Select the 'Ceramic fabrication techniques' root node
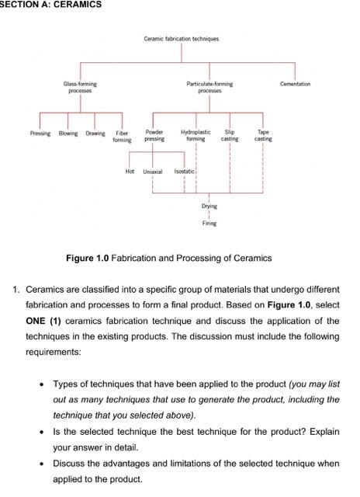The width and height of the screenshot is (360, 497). point(181,39)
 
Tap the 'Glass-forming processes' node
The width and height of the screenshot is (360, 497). point(80,87)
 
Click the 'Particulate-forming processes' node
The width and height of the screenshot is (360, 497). point(209,87)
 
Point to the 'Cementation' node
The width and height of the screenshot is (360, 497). point(295,84)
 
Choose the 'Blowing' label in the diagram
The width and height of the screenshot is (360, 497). point(68,133)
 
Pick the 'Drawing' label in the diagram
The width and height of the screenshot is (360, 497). point(95,133)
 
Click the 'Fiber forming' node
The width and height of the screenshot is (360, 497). point(122,137)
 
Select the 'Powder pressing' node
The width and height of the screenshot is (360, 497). point(154,136)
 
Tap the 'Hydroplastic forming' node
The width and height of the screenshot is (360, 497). point(196,136)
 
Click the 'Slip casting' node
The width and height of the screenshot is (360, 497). point(230,136)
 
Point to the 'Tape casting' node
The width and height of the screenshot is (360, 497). point(263,136)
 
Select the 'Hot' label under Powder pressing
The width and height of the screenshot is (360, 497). point(130,170)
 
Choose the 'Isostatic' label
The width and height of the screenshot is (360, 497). point(185,170)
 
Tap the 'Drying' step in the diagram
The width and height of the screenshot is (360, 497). point(209,207)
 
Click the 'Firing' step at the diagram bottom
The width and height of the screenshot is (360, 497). point(209,223)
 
